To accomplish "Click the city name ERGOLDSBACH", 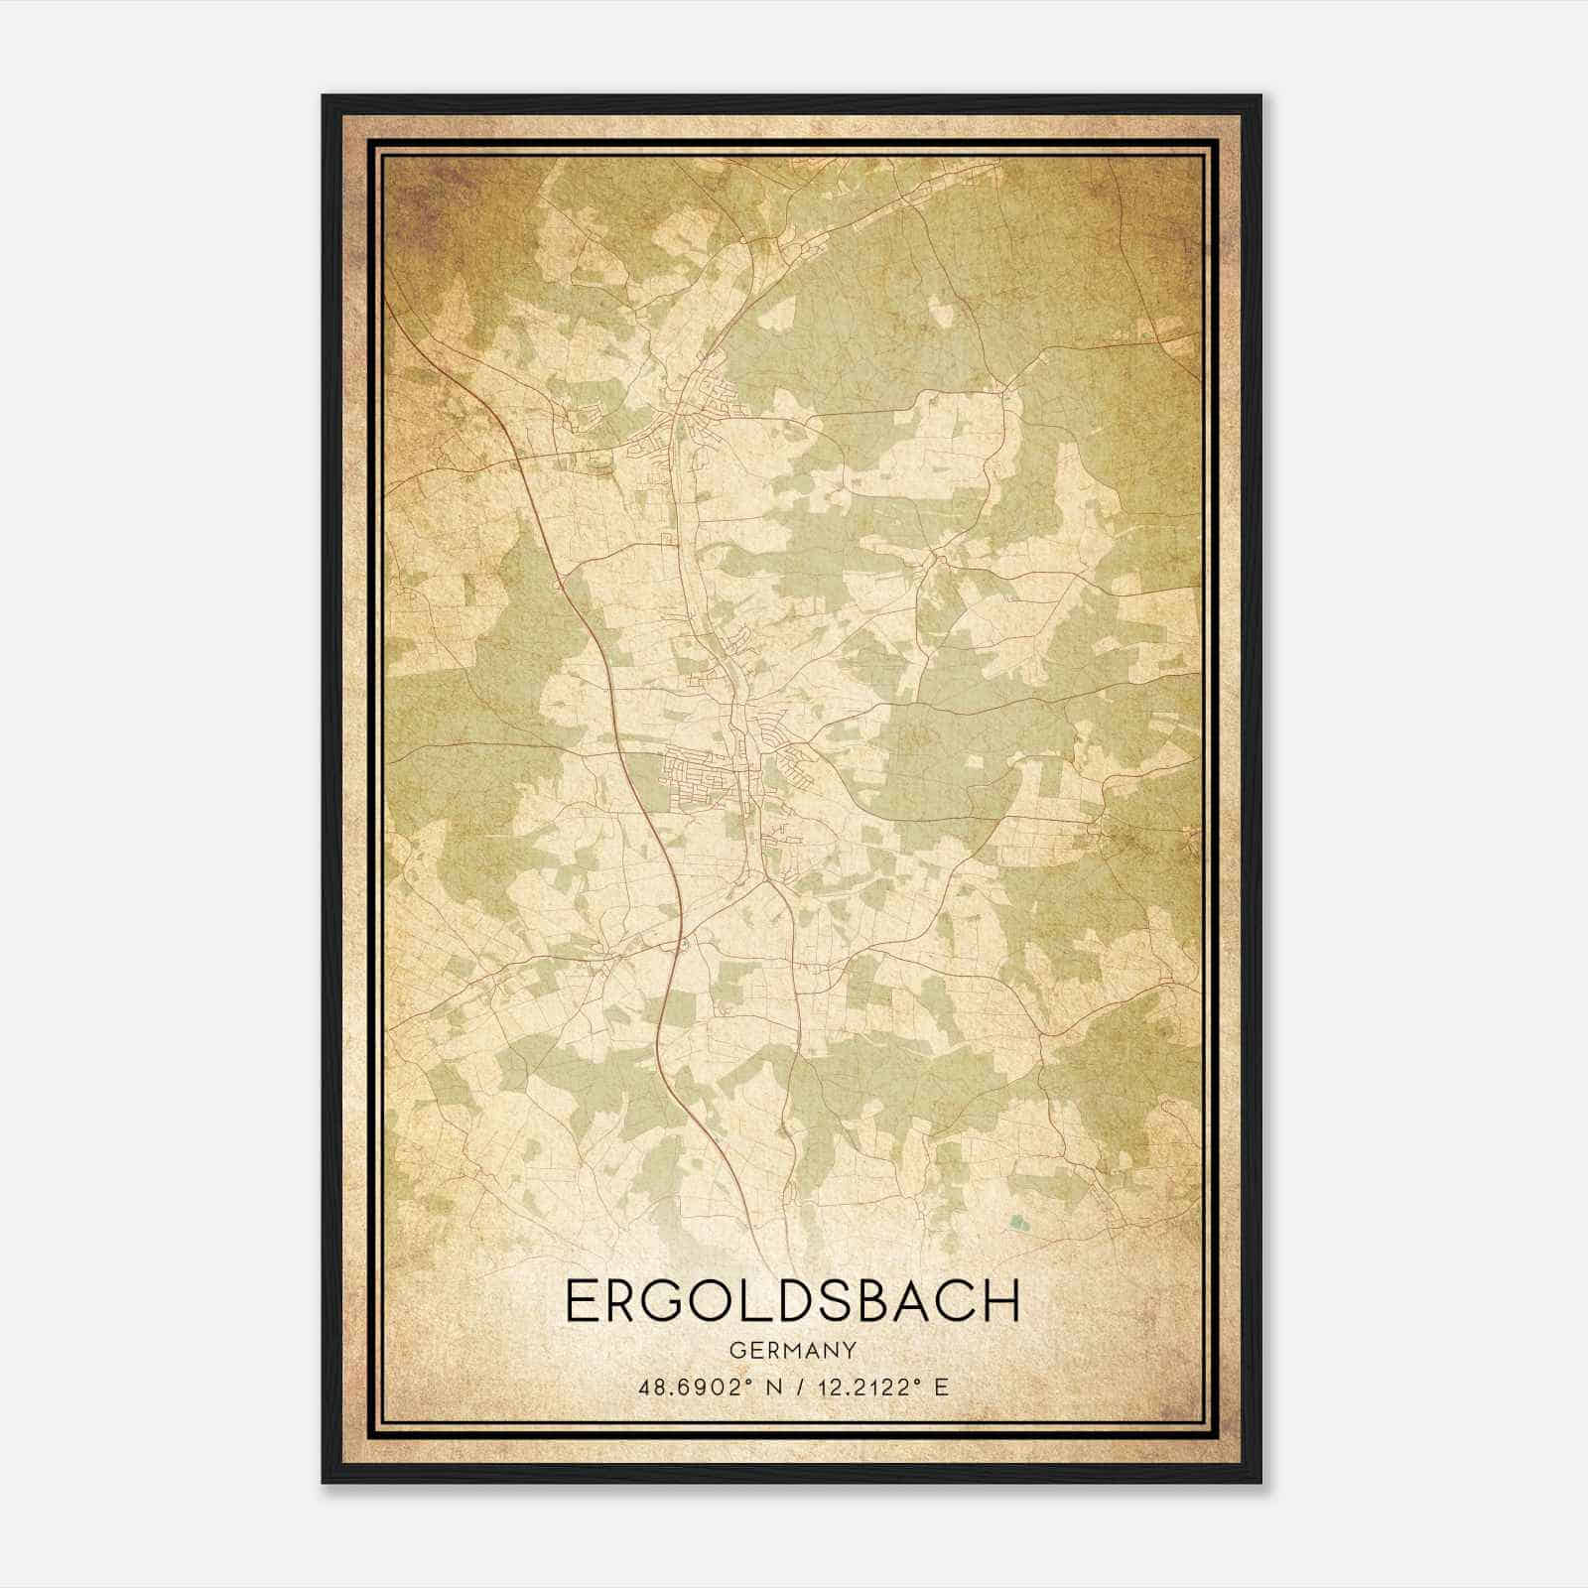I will tap(792, 1301).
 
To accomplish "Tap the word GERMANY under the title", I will tap(792, 1350).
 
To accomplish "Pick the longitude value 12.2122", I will tap(859, 1387).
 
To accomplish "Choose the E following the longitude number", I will tap(941, 1387).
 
